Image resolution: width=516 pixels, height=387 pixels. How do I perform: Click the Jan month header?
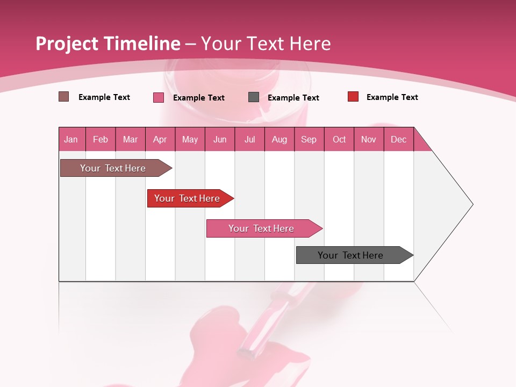pyautogui.click(x=71, y=139)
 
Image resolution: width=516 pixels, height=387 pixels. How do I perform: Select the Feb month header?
pyautogui.click(x=101, y=139)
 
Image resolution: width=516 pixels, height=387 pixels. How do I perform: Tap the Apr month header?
pyautogui.click(x=160, y=139)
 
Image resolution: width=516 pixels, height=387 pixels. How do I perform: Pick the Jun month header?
pyautogui.click(x=220, y=139)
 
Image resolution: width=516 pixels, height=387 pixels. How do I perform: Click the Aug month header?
pyautogui.click(x=279, y=139)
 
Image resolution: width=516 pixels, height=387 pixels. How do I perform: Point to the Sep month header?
pyautogui.click(x=309, y=139)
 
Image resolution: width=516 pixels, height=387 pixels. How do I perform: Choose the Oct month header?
pyautogui.click(x=339, y=139)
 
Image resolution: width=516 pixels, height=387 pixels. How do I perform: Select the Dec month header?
pyautogui.click(x=398, y=139)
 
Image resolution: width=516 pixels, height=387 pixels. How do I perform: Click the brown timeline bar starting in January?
pyautogui.click(x=113, y=168)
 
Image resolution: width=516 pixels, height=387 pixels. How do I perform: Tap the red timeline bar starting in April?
pyautogui.click(x=187, y=198)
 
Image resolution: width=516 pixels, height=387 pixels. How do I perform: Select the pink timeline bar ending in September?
pyautogui.click(x=261, y=228)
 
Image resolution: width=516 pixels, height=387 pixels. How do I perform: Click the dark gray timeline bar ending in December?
pyautogui.click(x=350, y=255)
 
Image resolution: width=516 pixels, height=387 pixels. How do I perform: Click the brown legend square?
pyautogui.click(x=63, y=97)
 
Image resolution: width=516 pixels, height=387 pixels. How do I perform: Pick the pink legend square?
pyautogui.click(x=159, y=97)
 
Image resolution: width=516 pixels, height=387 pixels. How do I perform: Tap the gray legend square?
pyautogui.click(x=254, y=97)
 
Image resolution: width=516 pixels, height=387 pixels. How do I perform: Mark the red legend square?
pyautogui.click(x=353, y=97)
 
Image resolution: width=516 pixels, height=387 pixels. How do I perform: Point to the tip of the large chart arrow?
pyautogui.click(x=472, y=204)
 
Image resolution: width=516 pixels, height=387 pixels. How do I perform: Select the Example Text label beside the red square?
pyautogui.click(x=392, y=97)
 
